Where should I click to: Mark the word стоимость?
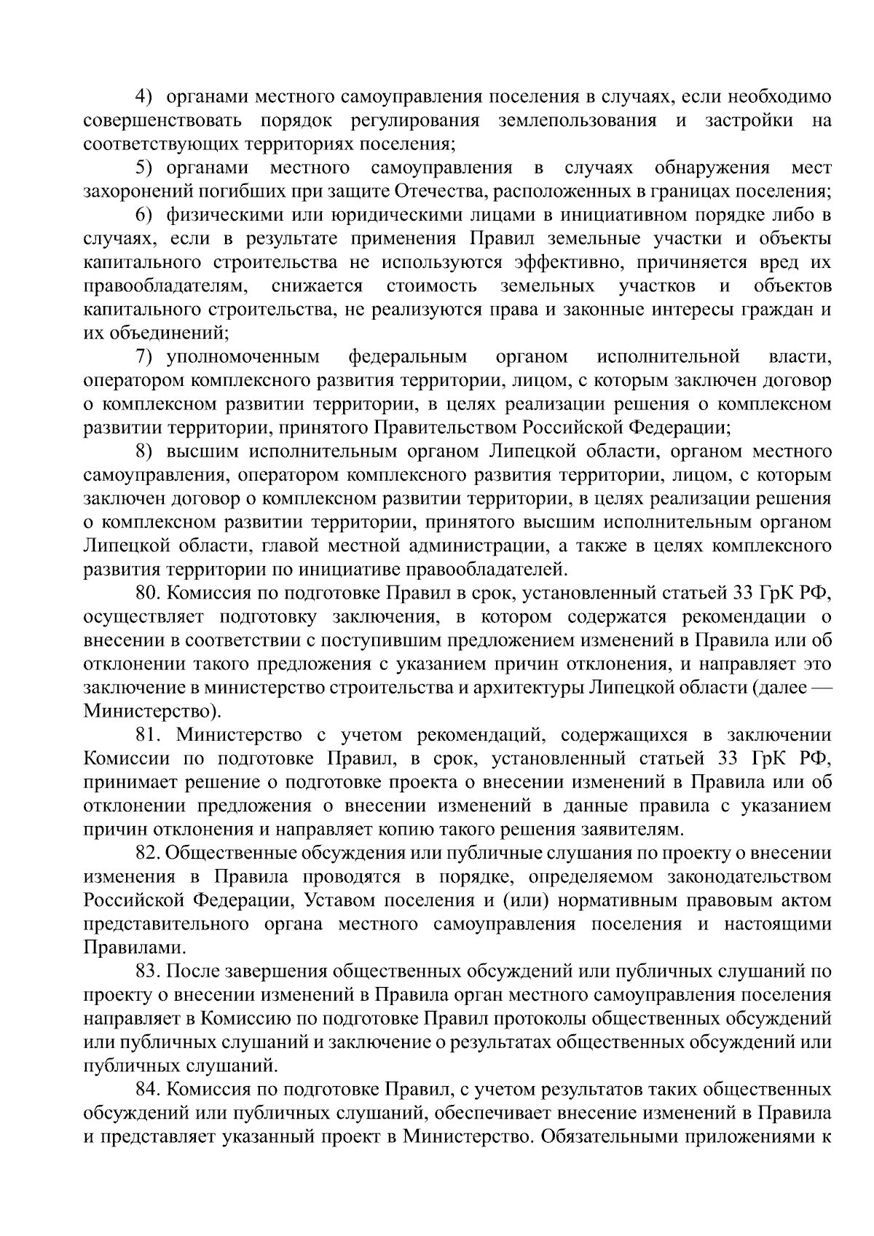(x=432, y=286)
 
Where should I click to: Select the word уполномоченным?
(x=243, y=357)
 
